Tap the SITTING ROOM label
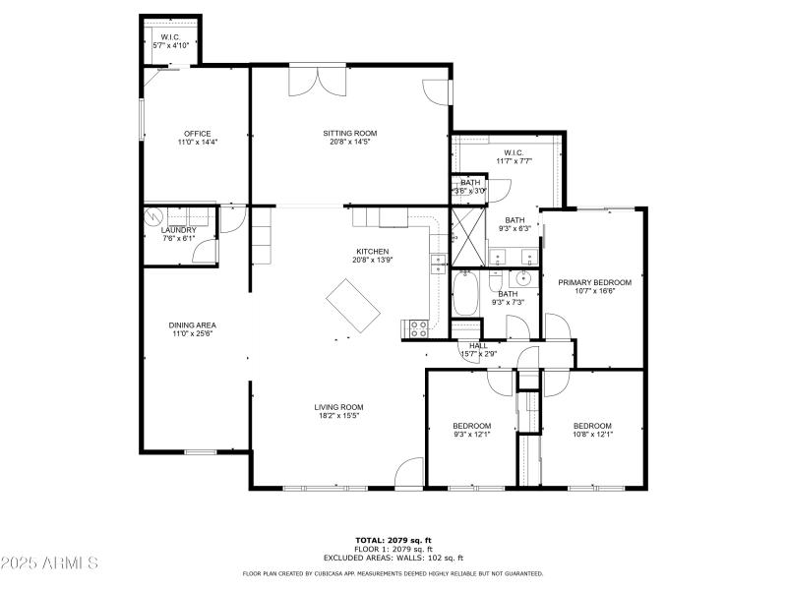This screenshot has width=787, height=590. [x=350, y=134]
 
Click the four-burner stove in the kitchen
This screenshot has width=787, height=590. [x=414, y=327]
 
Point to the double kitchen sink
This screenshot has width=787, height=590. [x=438, y=263]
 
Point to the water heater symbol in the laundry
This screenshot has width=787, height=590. [x=152, y=215]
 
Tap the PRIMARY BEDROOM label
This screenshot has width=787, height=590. [x=594, y=283]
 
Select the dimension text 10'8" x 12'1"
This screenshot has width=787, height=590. [x=593, y=434]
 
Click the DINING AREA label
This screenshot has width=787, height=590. [x=194, y=325]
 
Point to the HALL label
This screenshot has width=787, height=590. [x=478, y=346]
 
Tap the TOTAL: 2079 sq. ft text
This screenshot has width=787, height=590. [x=393, y=540]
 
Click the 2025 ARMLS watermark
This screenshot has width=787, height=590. [x=49, y=563]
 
